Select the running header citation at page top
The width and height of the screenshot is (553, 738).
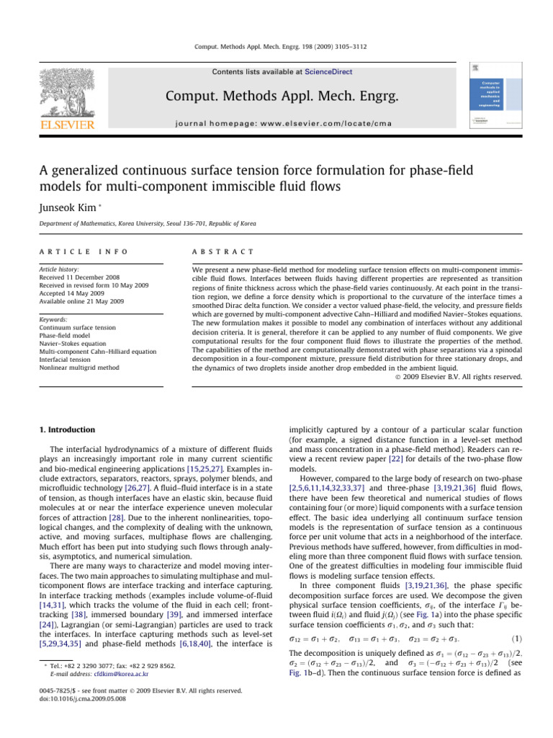[x=276, y=45]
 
